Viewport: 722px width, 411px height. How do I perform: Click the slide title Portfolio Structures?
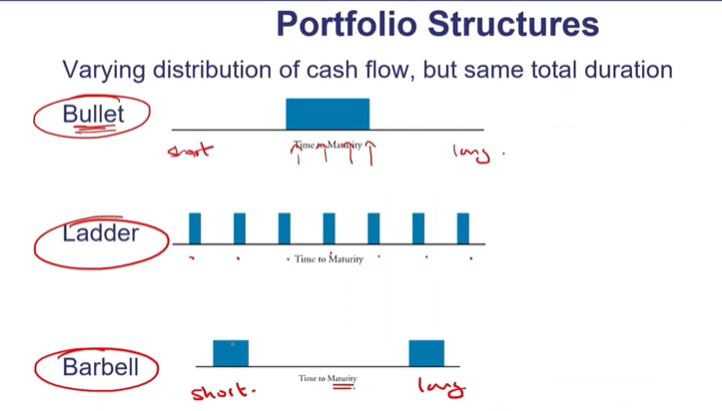(x=437, y=24)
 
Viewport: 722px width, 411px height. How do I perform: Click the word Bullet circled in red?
(x=93, y=114)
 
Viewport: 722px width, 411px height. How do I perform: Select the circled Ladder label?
(x=100, y=233)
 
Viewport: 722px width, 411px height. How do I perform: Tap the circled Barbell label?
(x=100, y=366)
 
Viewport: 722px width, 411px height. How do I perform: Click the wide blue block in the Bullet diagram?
(x=328, y=114)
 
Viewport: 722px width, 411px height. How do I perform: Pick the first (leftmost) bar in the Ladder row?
(x=195, y=228)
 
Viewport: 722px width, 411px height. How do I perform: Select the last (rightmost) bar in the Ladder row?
(x=463, y=228)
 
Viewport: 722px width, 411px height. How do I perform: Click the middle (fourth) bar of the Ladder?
(x=329, y=228)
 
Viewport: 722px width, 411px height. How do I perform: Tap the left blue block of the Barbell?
(x=231, y=353)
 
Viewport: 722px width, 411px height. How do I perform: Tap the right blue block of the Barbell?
(x=426, y=353)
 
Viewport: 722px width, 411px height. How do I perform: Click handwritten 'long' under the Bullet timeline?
(x=472, y=153)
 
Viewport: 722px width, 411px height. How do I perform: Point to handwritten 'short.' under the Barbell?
(x=223, y=389)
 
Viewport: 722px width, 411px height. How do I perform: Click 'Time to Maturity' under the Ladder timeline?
(x=329, y=259)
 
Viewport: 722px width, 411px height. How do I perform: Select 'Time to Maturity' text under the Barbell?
(x=328, y=378)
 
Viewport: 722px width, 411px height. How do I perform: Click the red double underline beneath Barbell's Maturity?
(x=343, y=388)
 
